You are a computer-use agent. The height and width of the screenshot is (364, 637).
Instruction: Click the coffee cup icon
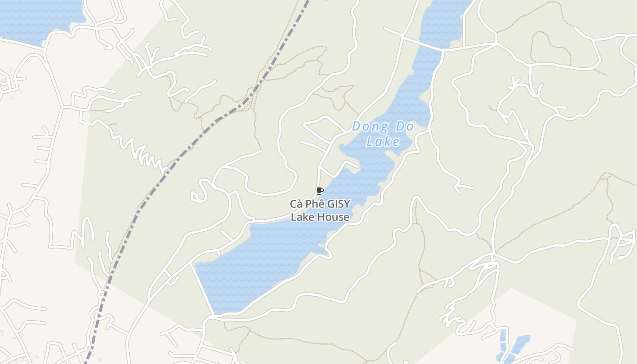(319, 191)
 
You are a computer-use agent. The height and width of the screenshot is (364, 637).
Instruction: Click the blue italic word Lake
(383, 142)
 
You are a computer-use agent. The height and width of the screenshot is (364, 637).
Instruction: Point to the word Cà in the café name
(298, 204)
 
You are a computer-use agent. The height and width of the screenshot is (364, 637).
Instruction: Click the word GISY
(339, 204)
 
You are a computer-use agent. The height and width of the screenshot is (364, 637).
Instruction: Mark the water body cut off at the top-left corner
(36, 18)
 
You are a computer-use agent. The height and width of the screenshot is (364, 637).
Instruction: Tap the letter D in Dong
(357, 126)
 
